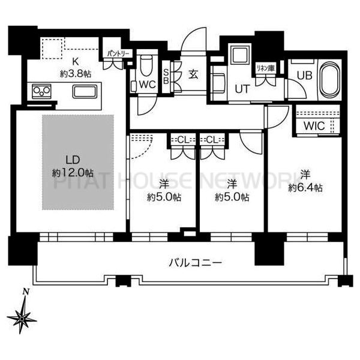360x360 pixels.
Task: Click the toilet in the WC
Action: [x=146, y=65]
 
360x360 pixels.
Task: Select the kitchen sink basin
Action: [x=85, y=92]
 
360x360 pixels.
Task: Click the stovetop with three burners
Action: [x=41, y=91]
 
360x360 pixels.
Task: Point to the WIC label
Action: [x=314, y=126]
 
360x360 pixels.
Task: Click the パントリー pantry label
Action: [x=118, y=54]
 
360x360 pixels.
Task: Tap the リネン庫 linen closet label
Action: [x=265, y=68]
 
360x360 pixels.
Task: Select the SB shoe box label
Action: [x=166, y=76]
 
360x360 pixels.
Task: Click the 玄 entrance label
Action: [x=193, y=74]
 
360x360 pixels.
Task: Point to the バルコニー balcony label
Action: [x=196, y=262]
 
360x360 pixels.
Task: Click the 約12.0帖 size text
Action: [x=73, y=173]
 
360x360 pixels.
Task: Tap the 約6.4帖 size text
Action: [x=305, y=188]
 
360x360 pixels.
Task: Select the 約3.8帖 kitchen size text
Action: [x=76, y=74]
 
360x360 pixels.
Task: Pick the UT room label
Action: [x=242, y=89]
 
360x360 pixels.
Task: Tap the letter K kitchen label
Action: [x=76, y=62]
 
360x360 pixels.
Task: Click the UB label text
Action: [x=305, y=76]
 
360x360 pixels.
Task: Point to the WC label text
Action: [x=148, y=85]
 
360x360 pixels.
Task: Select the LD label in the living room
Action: [x=73, y=160]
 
